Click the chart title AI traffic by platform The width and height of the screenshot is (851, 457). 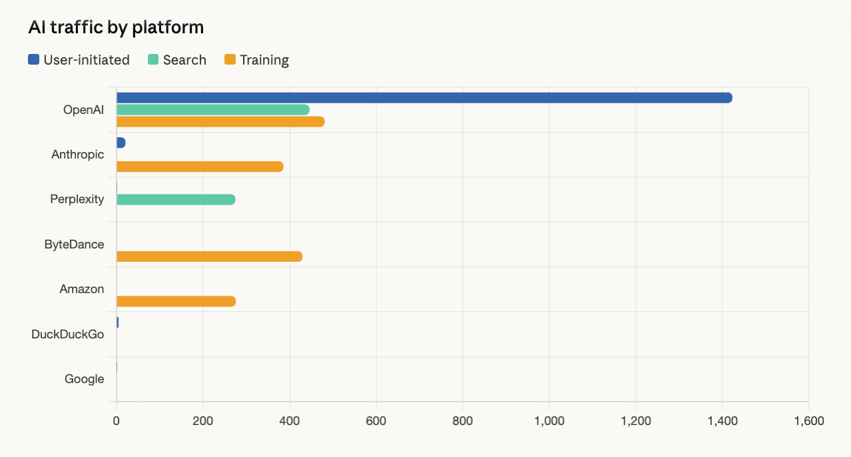tap(116, 27)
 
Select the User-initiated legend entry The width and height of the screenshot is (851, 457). tap(79, 60)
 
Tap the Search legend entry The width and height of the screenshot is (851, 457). tap(177, 60)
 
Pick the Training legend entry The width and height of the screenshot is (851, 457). tap(256, 60)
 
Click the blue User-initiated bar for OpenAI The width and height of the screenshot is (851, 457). tap(424, 98)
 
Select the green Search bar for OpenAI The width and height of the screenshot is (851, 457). tap(213, 110)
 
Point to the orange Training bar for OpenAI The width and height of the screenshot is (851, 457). tap(220, 122)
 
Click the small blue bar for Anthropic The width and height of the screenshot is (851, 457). tap(121, 143)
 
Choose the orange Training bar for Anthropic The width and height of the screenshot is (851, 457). tap(200, 167)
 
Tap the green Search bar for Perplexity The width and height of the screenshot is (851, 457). tap(176, 199)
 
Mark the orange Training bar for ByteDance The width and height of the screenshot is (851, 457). tap(209, 256)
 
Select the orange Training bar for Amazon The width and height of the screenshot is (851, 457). tap(176, 301)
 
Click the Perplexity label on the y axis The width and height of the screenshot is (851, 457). tap(77, 199)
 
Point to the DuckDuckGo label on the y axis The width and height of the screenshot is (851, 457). tap(68, 334)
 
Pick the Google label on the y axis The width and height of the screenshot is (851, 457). tap(85, 379)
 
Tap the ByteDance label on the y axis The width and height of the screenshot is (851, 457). tap(75, 244)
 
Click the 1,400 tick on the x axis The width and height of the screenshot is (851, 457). tap(722, 421)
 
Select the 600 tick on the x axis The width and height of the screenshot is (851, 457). tap(376, 421)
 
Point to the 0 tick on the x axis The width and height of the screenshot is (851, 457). tap(117, 421)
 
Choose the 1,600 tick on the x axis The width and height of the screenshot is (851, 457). tap(808, 421)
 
